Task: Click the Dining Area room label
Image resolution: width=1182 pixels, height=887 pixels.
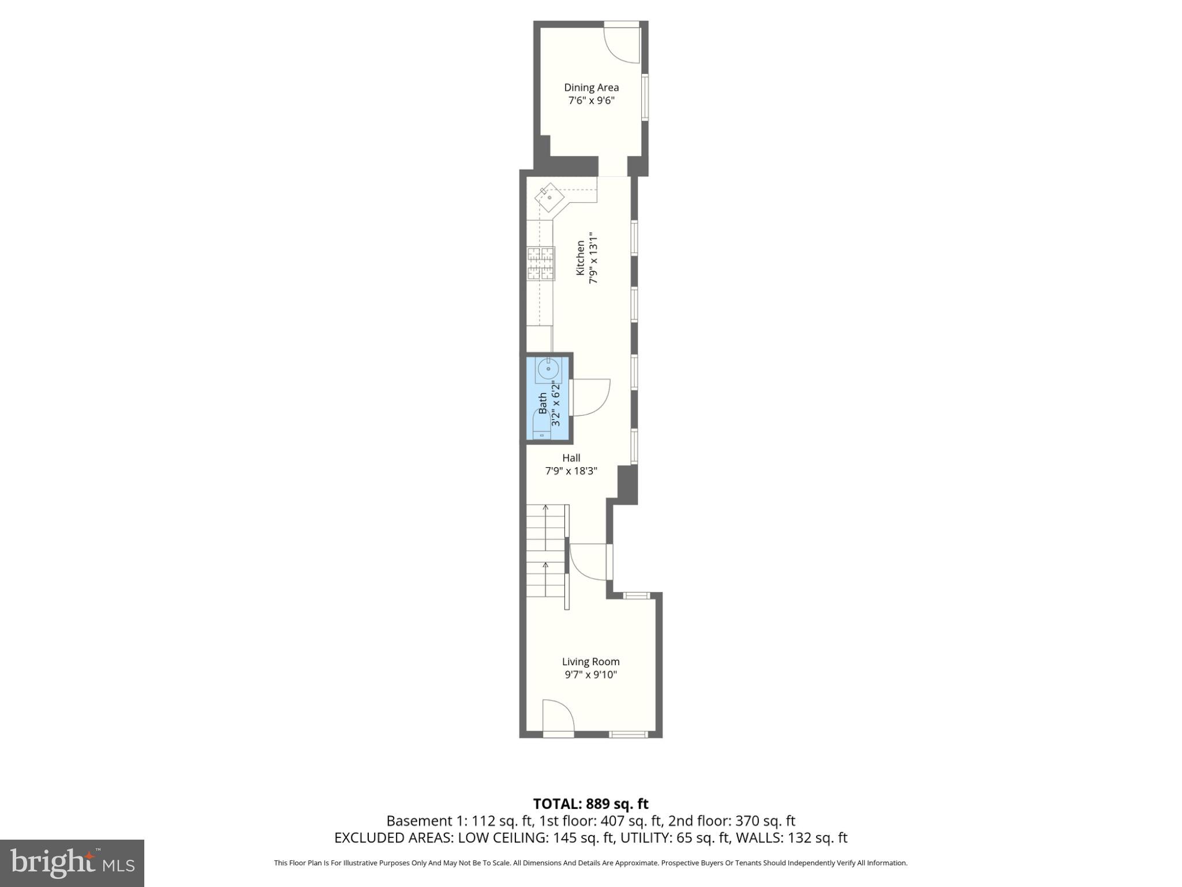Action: pos(591,87)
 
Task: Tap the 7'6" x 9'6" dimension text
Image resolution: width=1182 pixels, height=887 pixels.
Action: pos(591,100)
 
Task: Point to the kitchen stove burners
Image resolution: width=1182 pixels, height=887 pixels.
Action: pos(541,264)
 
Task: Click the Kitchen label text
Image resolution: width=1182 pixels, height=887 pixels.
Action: pos(581,258)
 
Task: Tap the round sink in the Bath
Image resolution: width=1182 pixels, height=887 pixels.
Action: pos(547,368)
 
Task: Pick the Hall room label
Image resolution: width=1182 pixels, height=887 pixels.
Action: pos(571,458)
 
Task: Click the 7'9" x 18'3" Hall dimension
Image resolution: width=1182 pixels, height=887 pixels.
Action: pos(571,471)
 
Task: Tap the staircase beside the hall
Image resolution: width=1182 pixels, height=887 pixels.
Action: pos(545,551)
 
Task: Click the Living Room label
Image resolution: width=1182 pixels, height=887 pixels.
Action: pos(590,662)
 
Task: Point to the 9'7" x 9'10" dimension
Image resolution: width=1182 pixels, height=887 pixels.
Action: pos(590,674)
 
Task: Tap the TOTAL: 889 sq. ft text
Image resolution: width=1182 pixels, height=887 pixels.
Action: pos(590,804)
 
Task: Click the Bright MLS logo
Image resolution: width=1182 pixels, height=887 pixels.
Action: pos(72,863)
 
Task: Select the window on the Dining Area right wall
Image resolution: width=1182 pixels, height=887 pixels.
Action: pos(645,97)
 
